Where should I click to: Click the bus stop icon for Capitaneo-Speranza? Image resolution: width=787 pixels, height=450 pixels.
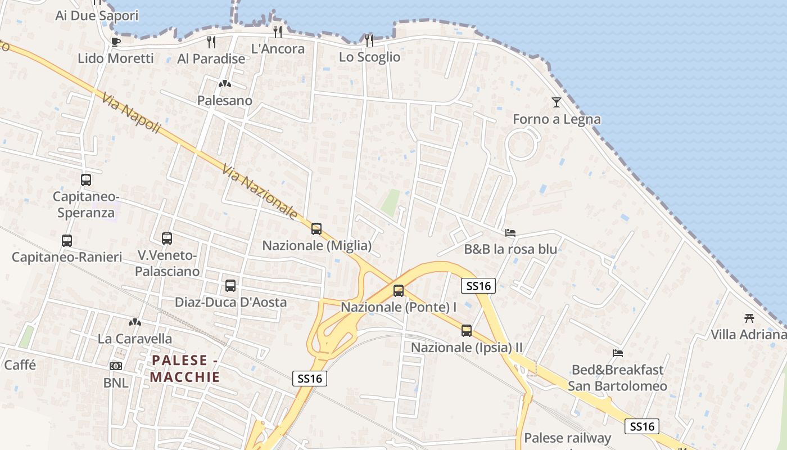86,180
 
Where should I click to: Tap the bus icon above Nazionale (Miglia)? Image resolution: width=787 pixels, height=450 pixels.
316,229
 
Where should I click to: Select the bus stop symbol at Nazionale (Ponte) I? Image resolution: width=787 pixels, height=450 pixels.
399,291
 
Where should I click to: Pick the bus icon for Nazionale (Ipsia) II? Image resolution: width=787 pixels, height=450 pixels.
467,331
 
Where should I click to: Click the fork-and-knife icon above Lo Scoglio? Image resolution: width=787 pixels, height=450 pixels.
369,40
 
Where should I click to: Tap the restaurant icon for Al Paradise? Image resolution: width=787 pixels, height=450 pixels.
211,42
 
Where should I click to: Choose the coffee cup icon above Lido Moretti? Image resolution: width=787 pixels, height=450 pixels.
116,41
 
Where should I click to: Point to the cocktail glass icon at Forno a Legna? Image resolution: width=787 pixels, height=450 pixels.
557,102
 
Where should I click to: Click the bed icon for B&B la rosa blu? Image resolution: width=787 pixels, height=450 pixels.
510,232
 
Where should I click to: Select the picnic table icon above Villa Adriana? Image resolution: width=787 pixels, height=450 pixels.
749,318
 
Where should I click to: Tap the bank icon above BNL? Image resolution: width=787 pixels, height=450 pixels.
116,366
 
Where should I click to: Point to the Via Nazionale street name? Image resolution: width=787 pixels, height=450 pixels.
260,191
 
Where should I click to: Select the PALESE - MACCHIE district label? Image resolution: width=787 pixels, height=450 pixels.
185,368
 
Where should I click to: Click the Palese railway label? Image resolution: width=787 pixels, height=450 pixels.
567,438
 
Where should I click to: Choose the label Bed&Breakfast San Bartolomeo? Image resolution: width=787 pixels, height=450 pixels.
617,378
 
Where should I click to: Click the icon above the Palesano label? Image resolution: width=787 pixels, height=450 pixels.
225,84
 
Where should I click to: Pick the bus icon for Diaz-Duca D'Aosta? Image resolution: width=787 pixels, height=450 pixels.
230,286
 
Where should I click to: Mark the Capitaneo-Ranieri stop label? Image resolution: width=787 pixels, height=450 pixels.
67,257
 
